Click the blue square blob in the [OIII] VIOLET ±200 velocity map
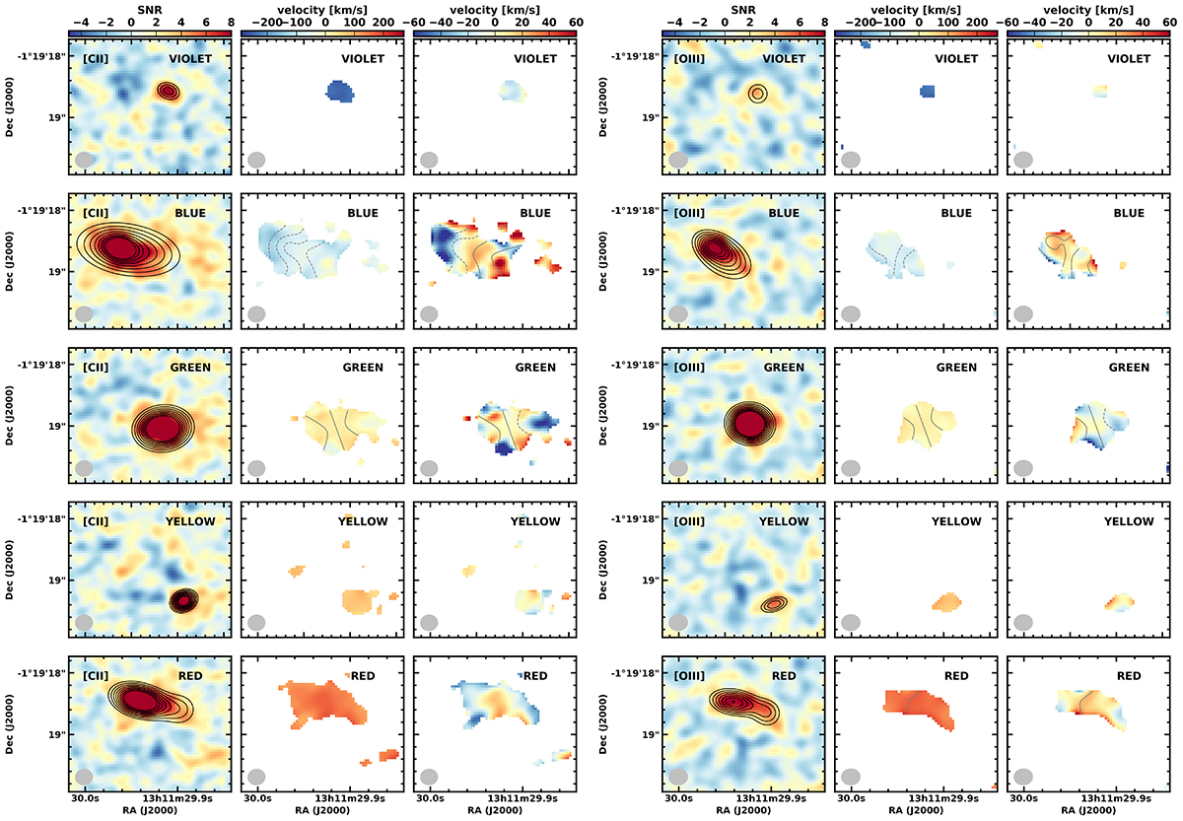pyautogui.click(x=927, y=92)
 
